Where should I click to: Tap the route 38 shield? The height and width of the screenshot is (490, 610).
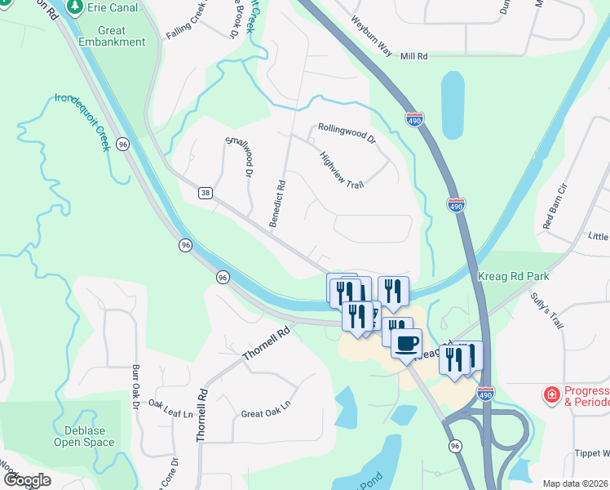[206, 193]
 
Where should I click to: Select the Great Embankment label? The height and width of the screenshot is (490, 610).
[113, 35]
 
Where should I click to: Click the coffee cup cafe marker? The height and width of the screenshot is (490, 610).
[406, 342]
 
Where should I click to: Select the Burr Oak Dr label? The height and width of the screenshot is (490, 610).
[136, 387]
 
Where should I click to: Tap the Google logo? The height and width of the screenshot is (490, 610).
[26, 480]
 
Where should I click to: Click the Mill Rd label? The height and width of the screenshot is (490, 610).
[414, 56]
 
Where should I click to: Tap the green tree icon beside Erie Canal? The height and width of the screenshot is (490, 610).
[75, 7]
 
